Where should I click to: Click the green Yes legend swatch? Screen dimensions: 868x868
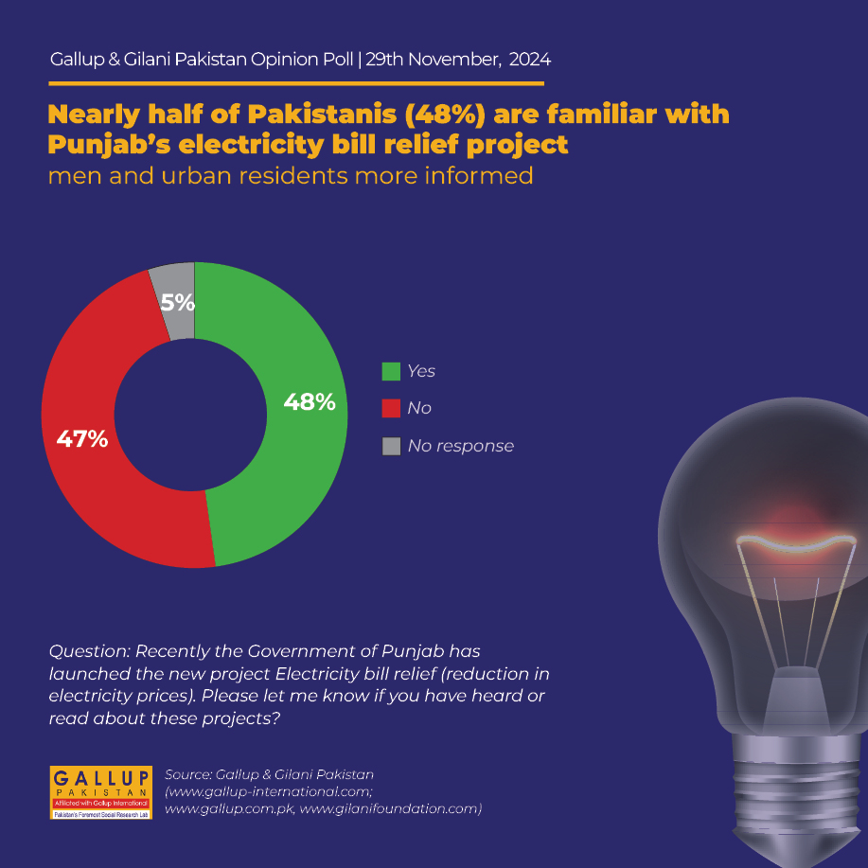(391, 371)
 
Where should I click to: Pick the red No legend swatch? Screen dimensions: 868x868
(391, 409)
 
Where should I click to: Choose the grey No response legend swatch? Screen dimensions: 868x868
(391, 446)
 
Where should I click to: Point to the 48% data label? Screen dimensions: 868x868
(310, 402)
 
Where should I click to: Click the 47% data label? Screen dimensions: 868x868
(82, 439)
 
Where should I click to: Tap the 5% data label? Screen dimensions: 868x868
(178, 302)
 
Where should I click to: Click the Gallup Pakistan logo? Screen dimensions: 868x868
(100, 792)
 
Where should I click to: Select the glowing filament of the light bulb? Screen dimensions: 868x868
(795, 542)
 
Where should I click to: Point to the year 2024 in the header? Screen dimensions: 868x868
(530, 60)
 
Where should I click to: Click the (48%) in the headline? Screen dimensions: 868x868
(445, 115)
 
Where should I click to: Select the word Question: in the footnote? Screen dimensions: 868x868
(90, 651)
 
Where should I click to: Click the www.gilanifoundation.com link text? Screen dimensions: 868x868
(390, 808)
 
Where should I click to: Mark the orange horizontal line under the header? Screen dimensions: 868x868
(296, 83)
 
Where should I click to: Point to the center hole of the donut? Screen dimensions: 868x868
(190, 415)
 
